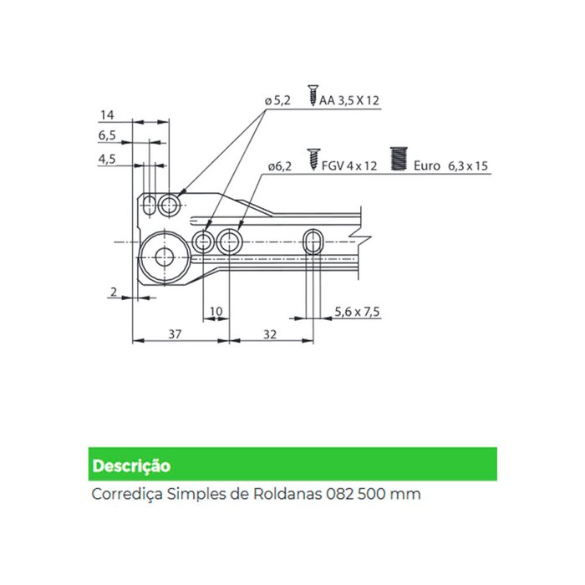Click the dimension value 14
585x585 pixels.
click(x=107, y=114)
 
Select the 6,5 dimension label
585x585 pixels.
click(x=107, y=135)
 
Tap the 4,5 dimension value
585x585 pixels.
click(x=107, y=159)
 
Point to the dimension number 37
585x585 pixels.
click(x=175, y=333)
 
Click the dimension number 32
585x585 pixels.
click(x=270, y=334)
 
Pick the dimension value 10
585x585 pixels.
click(x=216, y=311)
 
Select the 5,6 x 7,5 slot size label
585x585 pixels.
click(x=357, y=311)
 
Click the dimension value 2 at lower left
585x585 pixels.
click(x=114, y=292)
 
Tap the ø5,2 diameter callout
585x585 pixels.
click(x=277, y=100)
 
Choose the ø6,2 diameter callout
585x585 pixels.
click(x=279, y=166)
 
